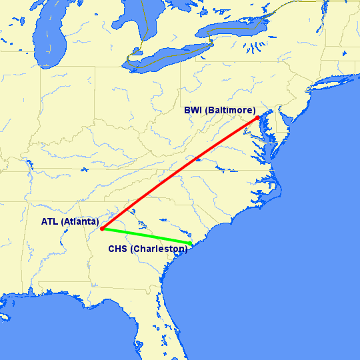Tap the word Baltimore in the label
(229, 111)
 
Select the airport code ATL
(51, 221)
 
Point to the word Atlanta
(80, 221)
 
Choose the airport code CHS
(118, 249)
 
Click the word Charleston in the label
(159, 249)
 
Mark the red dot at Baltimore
(258, 119)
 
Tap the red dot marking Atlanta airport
(101, 229)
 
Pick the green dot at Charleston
(191, 244)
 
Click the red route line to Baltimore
(180, 174)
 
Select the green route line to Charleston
(147, 237)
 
